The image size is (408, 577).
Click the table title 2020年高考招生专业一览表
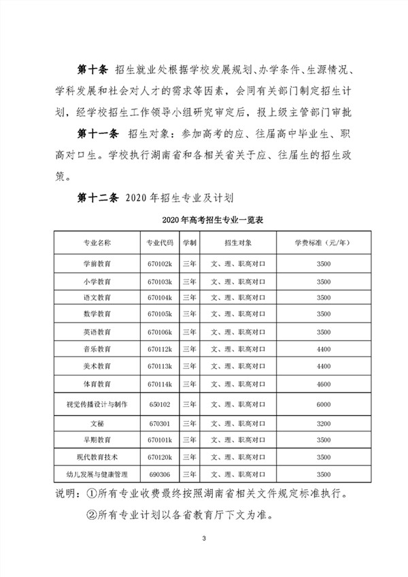pos(205,221)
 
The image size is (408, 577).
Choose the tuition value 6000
pos(323,404)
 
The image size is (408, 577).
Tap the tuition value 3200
pos(323,423)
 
